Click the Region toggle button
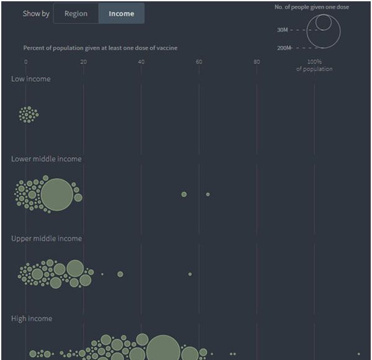(x=76, y=14)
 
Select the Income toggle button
(x=121, y=14)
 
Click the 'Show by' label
(x=36, y=14)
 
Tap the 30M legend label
(x=282, y=30)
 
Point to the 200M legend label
(x=283, y=48)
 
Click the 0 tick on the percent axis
(x=25, y=61)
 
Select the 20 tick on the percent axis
(x=83, y=61)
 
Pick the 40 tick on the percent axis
(x=141, y=61)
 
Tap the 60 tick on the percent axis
(x=198, y=61)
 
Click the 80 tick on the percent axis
(x=257, y=61)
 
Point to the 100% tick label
(x=314, y=61)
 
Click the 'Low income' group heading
(x=30, y=79)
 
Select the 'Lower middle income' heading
(x=46, y=159)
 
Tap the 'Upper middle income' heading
(x=46, y=238)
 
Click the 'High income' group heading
(x=32, y=318)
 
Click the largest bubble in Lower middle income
(x=56, y=194)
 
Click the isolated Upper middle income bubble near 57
(x=190, y=274)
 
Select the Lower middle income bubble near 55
(x=184, y=194)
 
